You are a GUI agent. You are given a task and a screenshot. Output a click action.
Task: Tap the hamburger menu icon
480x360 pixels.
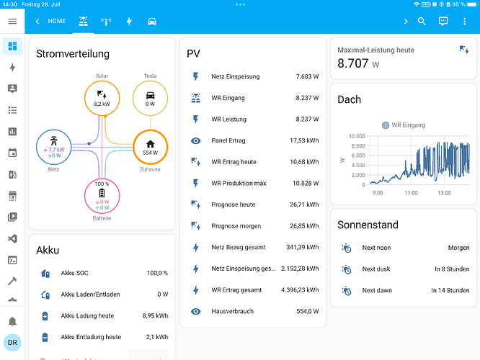[12, 21]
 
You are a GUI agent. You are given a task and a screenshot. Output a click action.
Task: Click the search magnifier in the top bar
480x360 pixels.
[422, 21]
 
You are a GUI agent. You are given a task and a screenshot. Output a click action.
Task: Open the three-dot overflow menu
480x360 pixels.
[464, 21]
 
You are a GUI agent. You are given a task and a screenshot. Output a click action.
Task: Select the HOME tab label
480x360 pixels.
[57, 21]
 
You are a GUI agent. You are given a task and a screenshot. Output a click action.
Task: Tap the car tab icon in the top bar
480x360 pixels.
[152, 22]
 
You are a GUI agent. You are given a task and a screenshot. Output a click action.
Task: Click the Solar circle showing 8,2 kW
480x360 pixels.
[102, 81]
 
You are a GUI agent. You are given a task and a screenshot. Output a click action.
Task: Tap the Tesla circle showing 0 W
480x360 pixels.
[150, 81]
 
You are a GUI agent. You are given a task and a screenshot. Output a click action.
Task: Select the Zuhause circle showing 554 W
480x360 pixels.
[150, 130]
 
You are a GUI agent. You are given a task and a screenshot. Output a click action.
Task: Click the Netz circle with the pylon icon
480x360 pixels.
[53, 130]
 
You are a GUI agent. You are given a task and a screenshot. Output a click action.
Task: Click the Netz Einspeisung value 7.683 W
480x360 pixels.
[307, 76]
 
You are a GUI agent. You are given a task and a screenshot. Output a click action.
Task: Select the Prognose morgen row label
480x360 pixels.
[236, 226]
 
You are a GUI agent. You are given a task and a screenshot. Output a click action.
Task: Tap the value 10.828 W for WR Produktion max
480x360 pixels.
[306, 183]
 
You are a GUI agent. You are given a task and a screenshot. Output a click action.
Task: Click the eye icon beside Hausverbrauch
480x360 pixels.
[195, 311]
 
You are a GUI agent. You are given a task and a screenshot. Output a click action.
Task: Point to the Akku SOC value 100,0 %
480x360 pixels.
[157, 273]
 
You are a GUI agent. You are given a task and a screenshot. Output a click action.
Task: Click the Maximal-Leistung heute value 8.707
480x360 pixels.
[352, 63]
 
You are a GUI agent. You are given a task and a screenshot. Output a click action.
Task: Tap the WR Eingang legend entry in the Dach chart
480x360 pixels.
[404, 125]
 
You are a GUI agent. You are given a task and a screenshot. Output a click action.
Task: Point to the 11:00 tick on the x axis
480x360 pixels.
[411, 193]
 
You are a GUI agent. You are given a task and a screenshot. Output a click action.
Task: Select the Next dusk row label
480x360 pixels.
[376, 269]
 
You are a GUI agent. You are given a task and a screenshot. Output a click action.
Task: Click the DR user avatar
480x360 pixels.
[12, 343]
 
